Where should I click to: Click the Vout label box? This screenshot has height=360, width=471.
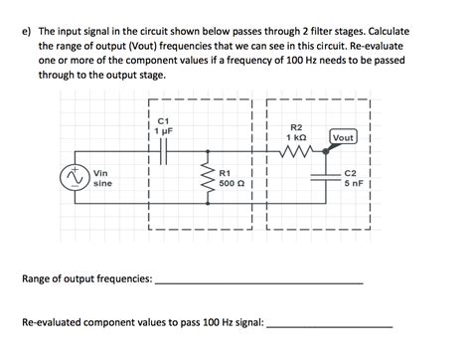[344, 137]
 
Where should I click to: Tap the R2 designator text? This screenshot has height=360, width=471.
[296, 126]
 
